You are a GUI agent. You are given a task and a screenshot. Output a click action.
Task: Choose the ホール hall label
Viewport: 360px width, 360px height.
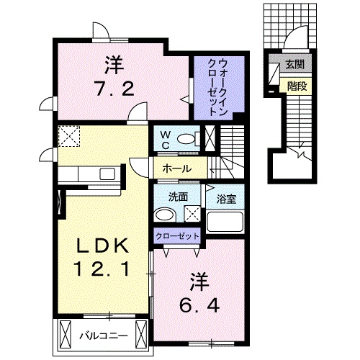click(x=176, y=168)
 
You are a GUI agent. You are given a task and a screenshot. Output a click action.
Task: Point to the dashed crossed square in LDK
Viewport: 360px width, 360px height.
click(x=69, y=136)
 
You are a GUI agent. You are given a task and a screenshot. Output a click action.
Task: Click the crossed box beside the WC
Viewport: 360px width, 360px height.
click(x=210, y=138)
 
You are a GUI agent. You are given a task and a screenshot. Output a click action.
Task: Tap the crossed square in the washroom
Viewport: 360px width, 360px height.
click(x=192, y=213)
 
